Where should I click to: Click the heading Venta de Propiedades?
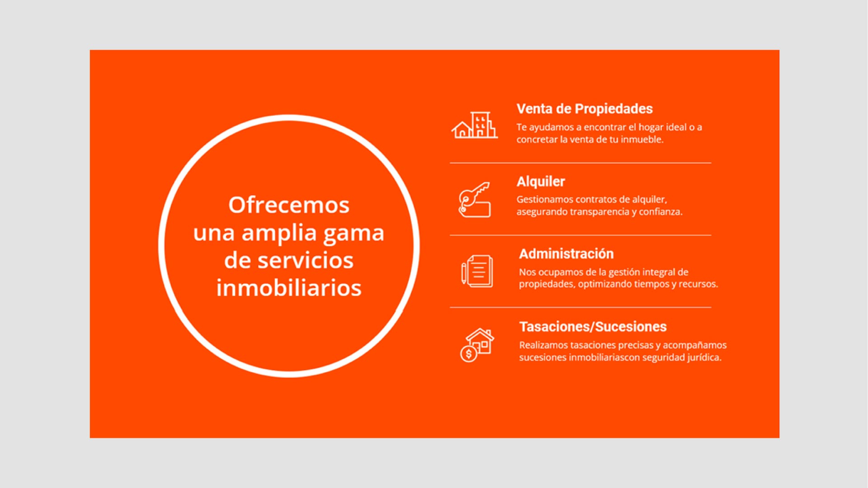[x=585, y=109]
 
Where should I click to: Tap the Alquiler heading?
[x=541, y=182]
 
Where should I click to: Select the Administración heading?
[x=566, y=254]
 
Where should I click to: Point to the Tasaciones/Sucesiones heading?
[x=593, y=327]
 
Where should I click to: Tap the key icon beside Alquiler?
[x=474, y=200]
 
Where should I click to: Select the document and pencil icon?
[x=477, y=271]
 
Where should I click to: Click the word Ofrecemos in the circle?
[x=289, y=205]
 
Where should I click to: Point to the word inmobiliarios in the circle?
[x=289, y=288]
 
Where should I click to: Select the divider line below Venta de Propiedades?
[x=580, y=163]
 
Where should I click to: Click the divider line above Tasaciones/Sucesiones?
[x=580, y=307]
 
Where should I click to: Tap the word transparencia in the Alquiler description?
[x=599, y=212]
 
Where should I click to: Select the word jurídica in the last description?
[x=704, y=357]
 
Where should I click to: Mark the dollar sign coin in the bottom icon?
[x=469, y=354]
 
